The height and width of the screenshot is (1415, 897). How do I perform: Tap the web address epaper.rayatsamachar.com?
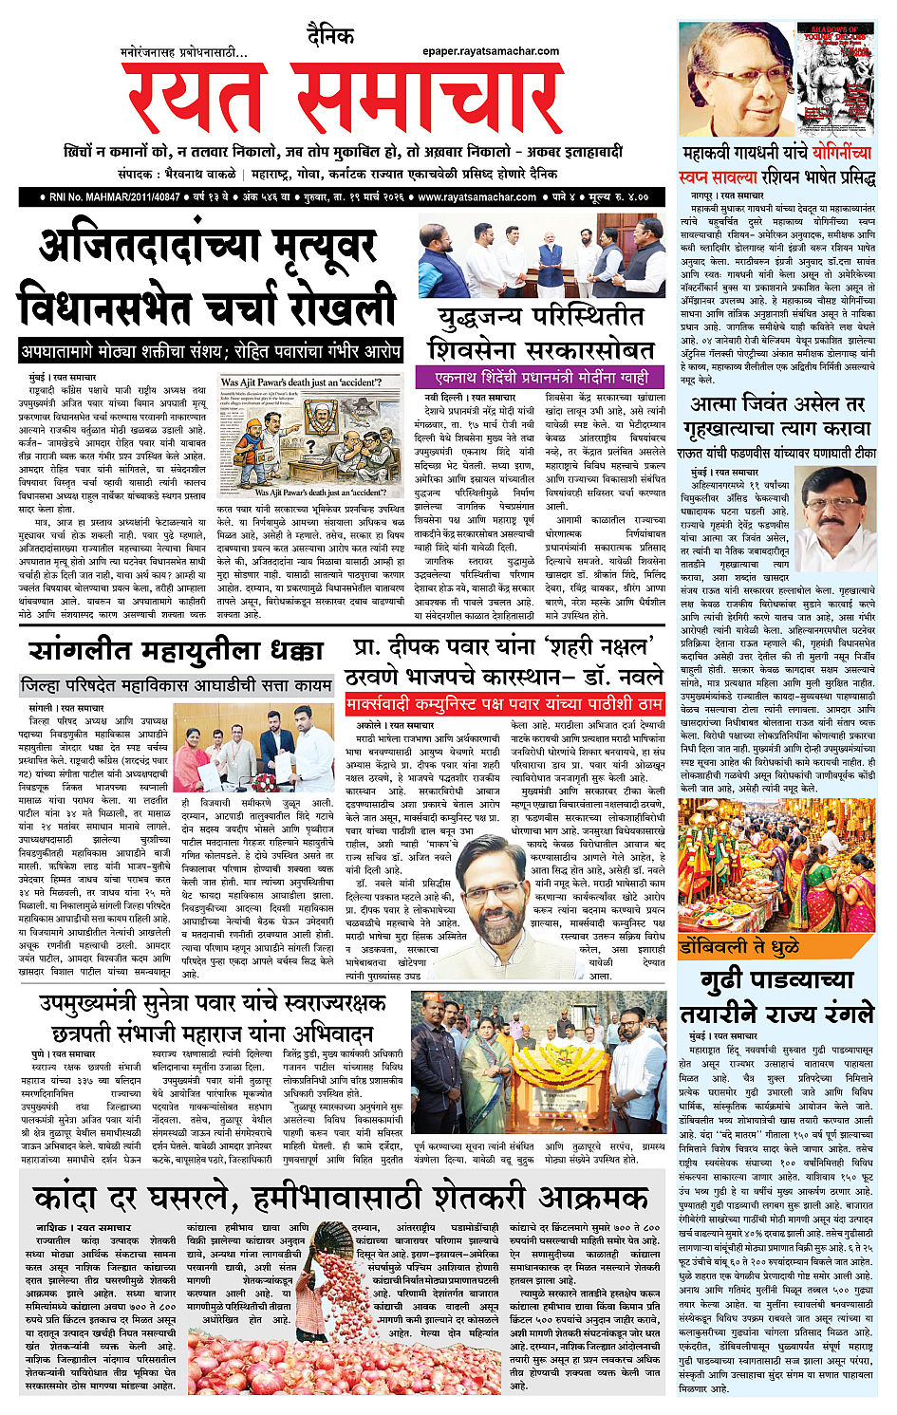click(x=491, y=51)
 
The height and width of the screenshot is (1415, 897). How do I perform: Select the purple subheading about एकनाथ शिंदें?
click(x=541, y=377)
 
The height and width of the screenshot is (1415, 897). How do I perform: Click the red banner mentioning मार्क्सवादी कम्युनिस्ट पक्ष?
click(x=504, y=704)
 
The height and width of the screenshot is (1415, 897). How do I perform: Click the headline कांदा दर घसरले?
click(x=142, y=1197)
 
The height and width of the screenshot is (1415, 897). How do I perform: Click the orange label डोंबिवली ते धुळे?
click(x=741, y=947)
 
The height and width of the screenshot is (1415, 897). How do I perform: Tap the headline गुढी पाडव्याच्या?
click(x=776, y=978)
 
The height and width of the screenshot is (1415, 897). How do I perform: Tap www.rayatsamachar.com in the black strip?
click(x=477, y=197)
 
